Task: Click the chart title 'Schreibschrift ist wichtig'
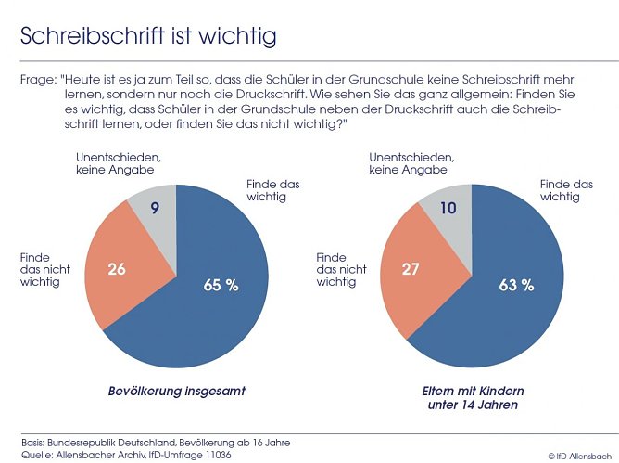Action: pos(149,36)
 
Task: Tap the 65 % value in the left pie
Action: pos(221,285)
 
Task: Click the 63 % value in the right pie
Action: pos(516,285)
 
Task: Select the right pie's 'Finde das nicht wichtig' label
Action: pos(342,269)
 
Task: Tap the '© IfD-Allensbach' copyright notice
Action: pos(580,456)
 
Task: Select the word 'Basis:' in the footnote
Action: pos(34,442)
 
